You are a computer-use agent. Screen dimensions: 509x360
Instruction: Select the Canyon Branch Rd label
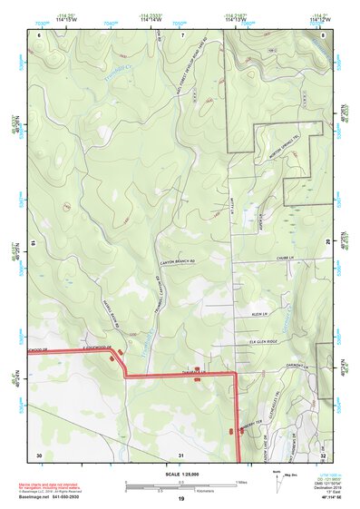click(x=178, y=262)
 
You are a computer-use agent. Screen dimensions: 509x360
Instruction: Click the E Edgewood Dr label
click(x=87, y=347)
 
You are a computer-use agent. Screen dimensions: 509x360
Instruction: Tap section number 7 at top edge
click(x=182, y=35)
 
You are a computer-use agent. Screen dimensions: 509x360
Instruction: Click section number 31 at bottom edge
click(x=182, y=455)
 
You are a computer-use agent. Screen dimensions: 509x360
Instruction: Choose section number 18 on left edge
click(x=34, y=244)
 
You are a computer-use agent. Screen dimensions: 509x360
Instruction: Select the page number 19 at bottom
click(x=181, y=501)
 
